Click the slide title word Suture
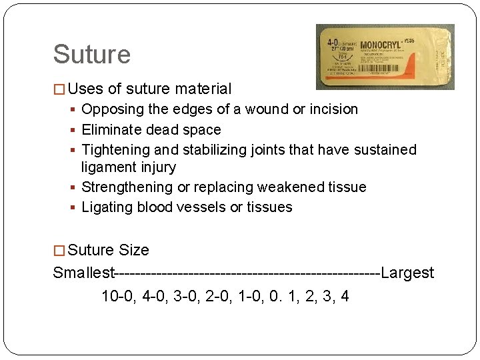tap(91, 55)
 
